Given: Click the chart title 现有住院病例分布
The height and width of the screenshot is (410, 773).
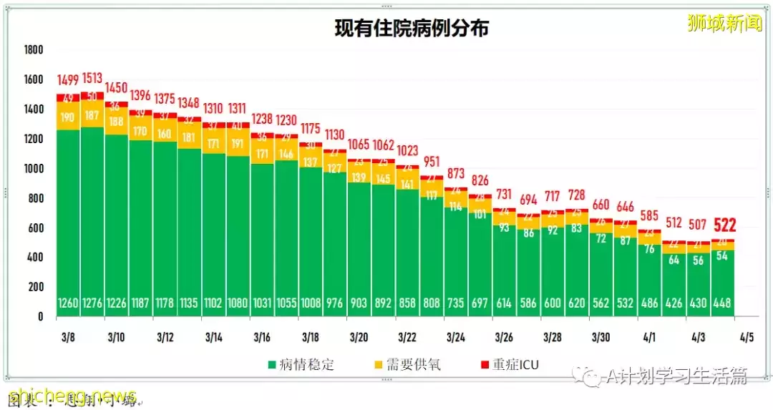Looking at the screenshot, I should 412,28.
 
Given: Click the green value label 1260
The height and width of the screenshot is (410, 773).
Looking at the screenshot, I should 68,303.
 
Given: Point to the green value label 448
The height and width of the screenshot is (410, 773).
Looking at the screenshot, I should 722,303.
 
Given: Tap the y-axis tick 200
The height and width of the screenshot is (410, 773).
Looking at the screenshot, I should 35,287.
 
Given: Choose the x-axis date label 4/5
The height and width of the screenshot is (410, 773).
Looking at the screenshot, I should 746,337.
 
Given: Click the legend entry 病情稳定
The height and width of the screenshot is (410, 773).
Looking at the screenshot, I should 300,364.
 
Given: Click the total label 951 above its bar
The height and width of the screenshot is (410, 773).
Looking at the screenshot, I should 431,162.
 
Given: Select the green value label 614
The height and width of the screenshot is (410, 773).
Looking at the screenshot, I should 504,303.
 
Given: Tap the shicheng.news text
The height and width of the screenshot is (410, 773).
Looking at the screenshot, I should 72,396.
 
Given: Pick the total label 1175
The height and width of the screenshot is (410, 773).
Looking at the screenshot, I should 310,129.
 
